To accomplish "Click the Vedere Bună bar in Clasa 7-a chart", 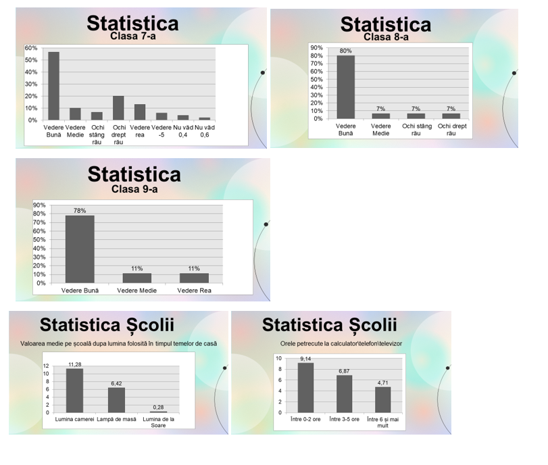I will [53, 86].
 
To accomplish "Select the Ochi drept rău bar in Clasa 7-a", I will [118, 108].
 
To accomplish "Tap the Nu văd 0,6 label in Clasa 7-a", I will [204, 131].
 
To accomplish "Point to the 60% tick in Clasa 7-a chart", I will [31, 49].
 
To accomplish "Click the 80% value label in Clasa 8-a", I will [345, 51].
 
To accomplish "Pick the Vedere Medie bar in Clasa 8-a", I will [380, 116].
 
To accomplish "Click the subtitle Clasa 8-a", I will [386, 37].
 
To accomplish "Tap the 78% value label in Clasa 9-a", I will [80, 211].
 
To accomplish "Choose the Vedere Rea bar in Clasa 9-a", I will [194, 278].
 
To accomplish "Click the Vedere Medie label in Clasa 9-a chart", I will [136, 291].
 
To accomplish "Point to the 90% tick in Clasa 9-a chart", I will [39, 205].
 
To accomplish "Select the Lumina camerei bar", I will [74, 390].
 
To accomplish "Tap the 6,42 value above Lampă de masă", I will [116, 383].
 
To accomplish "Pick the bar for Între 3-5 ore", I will [345, 393].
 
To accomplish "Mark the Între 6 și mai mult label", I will [382, 422].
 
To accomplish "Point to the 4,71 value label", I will [383, 383].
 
